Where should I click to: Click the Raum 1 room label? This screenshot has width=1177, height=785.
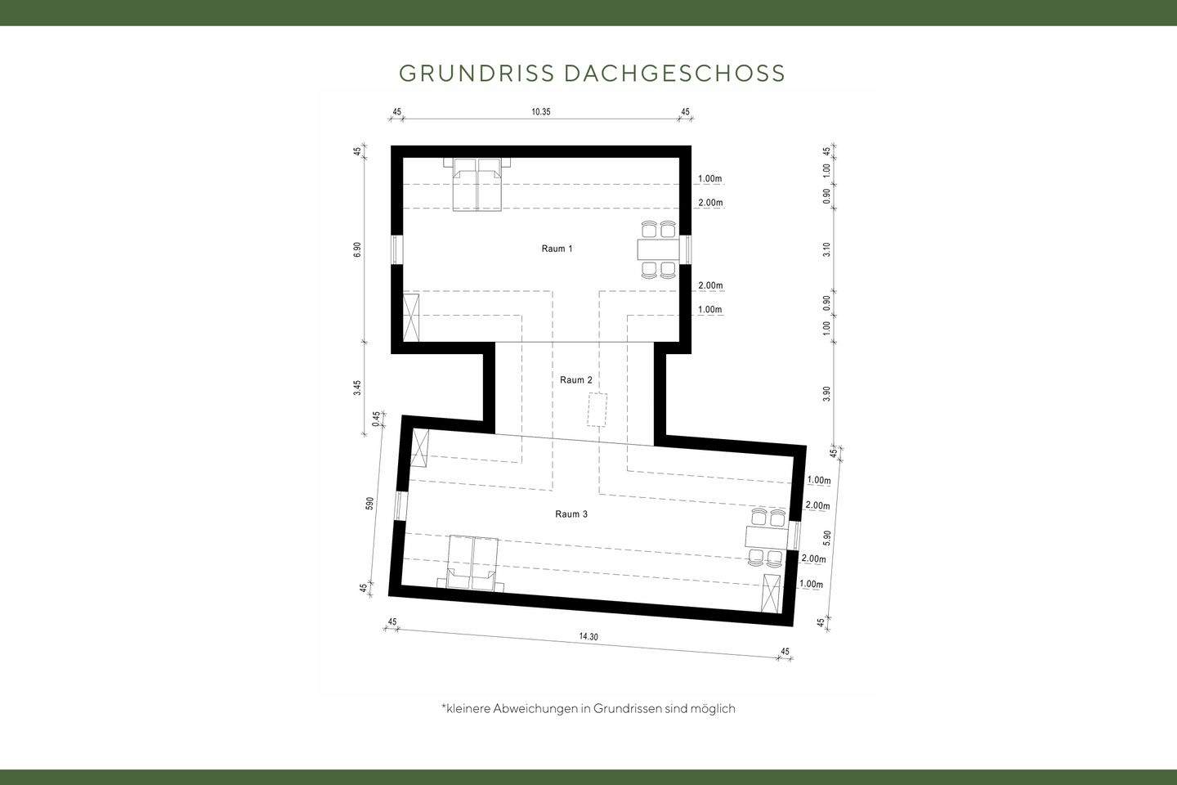557,249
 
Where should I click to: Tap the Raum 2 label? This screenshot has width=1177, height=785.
576,380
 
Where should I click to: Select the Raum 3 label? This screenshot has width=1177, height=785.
571,514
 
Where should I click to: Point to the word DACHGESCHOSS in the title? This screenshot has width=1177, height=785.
674,74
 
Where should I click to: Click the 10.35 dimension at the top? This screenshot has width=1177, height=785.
541,112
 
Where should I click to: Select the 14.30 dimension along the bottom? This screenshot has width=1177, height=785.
588,637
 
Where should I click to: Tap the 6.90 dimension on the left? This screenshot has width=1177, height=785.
357,250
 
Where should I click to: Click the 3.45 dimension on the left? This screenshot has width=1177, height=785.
357,388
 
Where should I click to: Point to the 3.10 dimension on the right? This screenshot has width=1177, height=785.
827,249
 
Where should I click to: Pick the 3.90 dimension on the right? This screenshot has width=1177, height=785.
827,393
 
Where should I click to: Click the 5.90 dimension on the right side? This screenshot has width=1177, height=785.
826,538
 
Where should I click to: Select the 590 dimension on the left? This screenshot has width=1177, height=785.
369,504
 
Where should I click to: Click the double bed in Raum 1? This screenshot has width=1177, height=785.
477,184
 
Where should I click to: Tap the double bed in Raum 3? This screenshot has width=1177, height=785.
472,563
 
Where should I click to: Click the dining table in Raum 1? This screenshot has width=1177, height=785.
658,249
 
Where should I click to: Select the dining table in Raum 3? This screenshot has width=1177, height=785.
765,537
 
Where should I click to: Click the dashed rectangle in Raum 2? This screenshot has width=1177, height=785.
597,410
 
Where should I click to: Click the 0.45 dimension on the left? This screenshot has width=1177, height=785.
377,419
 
